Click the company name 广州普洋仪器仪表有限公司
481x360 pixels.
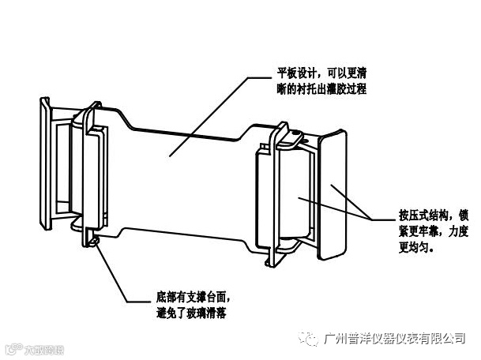point(395,338)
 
